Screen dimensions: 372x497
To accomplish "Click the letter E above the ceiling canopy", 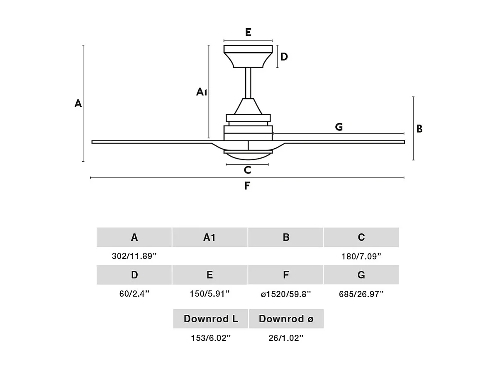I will pyautogui.click(x=248, y=32).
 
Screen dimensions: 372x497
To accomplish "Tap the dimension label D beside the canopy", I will pyautogui.click(x=284, y=57).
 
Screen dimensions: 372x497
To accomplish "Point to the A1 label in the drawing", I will pyautogui.click(x=202, y=92).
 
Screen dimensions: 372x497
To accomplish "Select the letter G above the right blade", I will pyautogui.click(x=339, y=127).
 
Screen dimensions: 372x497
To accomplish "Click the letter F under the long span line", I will pyautogui.click(x=247, y=186).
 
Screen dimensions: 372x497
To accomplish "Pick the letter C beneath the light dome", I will pyautogui.click(x=247, y=170).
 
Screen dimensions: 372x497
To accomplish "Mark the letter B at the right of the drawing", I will pyautogui.click(x=419, y=129).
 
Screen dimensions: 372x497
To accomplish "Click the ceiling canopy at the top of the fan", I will pyautogui.click(x=248, y=56).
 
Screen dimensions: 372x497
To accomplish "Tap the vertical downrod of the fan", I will pyautogui.click(x=248, y=83).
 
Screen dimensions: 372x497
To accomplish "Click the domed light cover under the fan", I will pyautogui.click(x=248, y=156).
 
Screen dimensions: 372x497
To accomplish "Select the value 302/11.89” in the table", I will pyautogui.click(x=134, y=256).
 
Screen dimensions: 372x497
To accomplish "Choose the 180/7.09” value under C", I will pyautogui.click(x=361, y=256).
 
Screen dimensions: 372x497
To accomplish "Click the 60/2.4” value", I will pyautogui.click(x=134, y=294).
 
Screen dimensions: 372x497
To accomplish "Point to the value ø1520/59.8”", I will pyautogui.click(x=286, y=294).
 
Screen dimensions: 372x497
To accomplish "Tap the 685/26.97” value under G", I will pyautogui.click(x=361, y=294).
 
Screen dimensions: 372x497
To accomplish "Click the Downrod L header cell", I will pyautogui.click(x=211, y=319).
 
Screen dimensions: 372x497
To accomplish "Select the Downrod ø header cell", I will pyautogui.click(x=286, y=319).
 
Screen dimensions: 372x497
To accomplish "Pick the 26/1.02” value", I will pyautogui.click(x=286, y=338).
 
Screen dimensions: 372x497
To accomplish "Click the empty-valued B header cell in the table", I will pyautogui.click(x=286, y=237).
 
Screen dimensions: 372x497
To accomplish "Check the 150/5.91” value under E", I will pyautogui.click(x=210, y=294).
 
